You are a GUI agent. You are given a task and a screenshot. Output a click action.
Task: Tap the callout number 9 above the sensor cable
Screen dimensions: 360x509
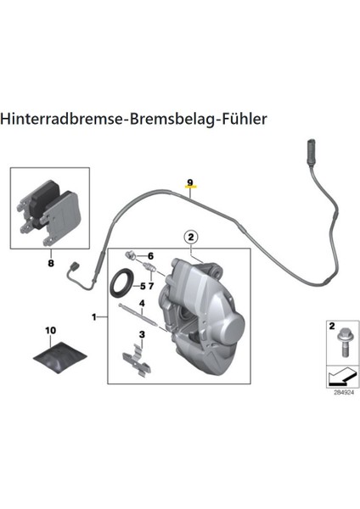point(190,182)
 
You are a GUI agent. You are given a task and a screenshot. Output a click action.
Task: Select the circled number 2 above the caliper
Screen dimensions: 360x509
point(191,238)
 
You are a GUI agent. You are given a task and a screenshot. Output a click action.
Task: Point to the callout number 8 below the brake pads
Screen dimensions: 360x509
point(51,263)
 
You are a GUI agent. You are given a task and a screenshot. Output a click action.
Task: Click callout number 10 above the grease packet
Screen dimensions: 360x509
point(50,331)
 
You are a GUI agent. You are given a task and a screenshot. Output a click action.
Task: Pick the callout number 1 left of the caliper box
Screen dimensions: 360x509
point(94,316)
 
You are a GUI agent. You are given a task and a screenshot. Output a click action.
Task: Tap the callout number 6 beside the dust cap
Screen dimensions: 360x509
point(151,256)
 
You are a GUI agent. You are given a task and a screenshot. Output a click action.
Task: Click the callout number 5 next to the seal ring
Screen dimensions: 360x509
point(143,287)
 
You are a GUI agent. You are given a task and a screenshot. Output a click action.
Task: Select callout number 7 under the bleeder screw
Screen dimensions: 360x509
point(151,287)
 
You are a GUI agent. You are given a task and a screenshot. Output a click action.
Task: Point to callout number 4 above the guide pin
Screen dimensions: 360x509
point(142,304)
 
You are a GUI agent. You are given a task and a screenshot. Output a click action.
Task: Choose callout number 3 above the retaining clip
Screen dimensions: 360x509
point(142,334)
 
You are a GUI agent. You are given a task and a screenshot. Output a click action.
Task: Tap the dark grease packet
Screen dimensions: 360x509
point(60,357)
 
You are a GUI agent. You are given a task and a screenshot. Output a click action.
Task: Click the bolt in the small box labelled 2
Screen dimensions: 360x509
point(345,343)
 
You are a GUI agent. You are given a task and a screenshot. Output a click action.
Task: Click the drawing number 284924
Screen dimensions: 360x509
point(344,393)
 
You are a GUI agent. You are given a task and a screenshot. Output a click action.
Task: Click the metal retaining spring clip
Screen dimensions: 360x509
point(137,361)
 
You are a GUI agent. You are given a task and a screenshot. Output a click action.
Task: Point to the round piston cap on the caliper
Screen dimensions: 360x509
point(233,327)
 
